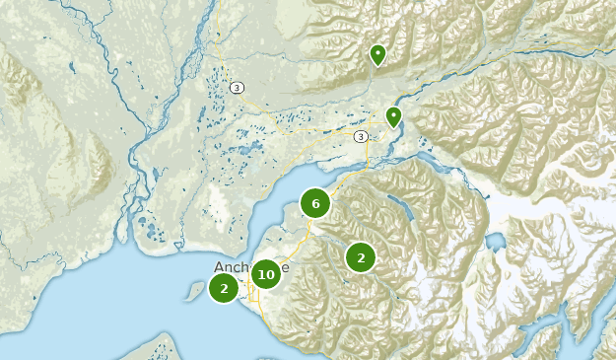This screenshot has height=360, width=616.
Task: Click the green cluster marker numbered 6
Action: point(315,204)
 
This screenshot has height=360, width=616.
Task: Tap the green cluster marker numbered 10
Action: point(265,274)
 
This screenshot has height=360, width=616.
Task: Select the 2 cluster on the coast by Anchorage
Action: point(225,288)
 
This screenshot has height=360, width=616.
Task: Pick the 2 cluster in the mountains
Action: point(361,257)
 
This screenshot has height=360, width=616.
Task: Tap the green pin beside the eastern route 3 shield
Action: point(394,116)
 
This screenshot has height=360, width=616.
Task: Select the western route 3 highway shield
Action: point(238,88)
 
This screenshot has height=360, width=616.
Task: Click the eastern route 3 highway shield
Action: point(362,136)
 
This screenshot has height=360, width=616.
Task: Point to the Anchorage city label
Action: point(251,267)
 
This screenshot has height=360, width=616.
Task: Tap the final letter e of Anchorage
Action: point(286,267)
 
